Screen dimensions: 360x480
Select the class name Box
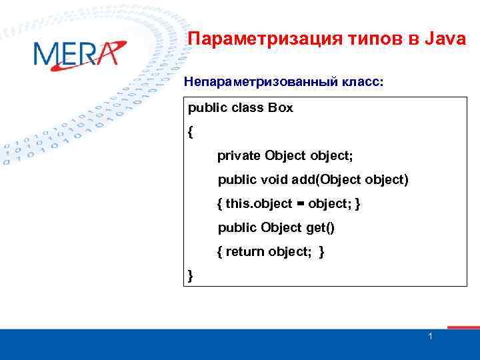tap(280, 108)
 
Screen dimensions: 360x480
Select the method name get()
tap(320, 228)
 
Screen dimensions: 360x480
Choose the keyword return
tap(245, 252)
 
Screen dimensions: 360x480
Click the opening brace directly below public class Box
tap(191, 132)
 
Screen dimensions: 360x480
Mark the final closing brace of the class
tap(191, 275)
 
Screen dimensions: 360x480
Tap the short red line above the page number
tap(463, 327)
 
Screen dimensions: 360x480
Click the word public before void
tap(237, 180)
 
